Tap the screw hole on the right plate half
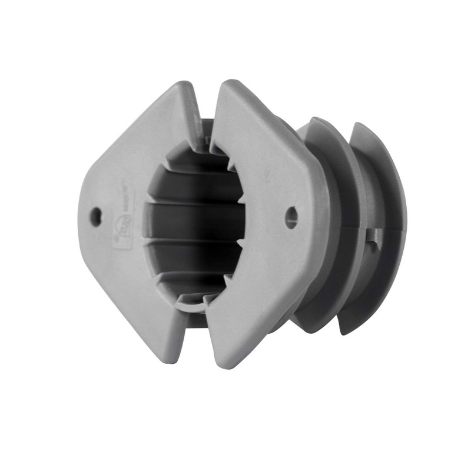point(291,217)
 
